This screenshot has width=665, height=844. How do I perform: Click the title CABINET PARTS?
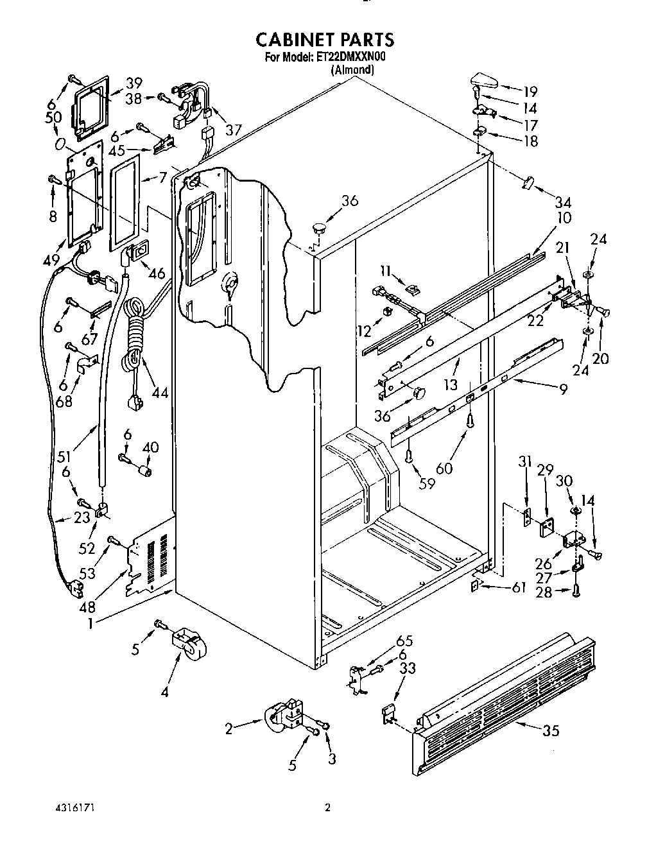pos(325,40)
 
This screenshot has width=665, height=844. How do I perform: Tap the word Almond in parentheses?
pos(352,69)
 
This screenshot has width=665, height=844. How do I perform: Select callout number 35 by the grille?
pos(551,730)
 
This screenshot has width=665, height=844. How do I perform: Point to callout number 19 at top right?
pos(530,91)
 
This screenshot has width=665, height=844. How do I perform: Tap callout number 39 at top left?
pos(134,83)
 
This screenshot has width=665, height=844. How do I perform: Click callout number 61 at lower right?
pos(519,587)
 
